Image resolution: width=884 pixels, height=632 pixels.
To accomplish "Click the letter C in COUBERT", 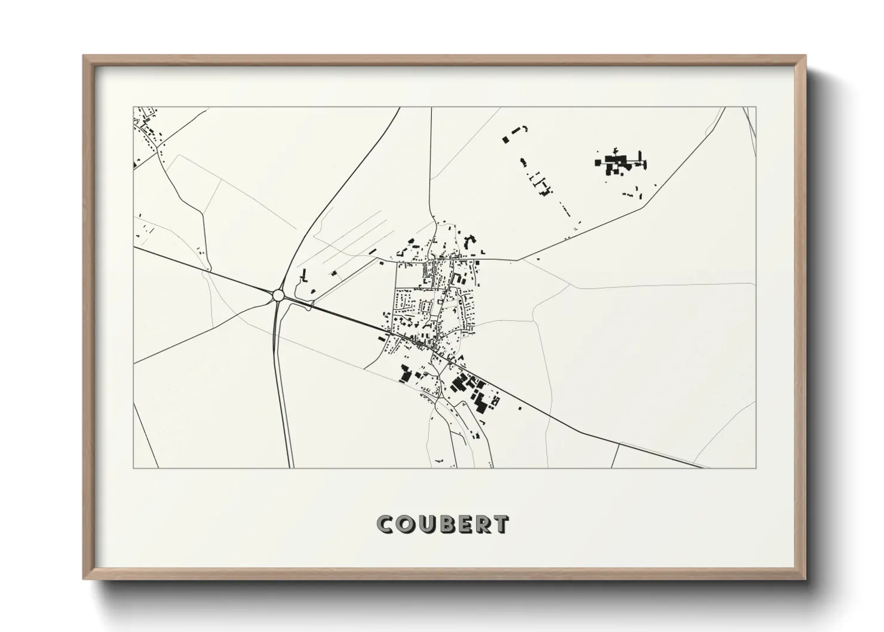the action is (x=386, y=524).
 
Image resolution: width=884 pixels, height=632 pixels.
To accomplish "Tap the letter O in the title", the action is (x=406, y=524).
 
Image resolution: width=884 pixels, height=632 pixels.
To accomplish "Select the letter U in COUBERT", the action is (x=427, y=524).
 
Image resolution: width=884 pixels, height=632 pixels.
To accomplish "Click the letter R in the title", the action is (x=483, y=524).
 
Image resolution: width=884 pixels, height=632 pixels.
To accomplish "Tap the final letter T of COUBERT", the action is (x=501, y=524).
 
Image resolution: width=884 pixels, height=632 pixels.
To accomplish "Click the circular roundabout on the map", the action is (x=278, y=295).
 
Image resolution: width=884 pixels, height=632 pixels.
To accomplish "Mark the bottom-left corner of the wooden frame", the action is (x=84, y=579).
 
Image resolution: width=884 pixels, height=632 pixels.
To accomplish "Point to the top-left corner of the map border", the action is (x=133, y=108).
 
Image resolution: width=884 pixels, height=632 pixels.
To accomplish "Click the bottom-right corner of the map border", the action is (x=756, y=468).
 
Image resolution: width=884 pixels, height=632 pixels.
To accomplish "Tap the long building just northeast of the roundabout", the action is (x=303, y=275).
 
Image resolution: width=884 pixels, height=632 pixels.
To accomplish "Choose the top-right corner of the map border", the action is (x=756, y=108).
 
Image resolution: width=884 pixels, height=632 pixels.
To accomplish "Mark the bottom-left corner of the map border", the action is (x=133, y=468).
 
